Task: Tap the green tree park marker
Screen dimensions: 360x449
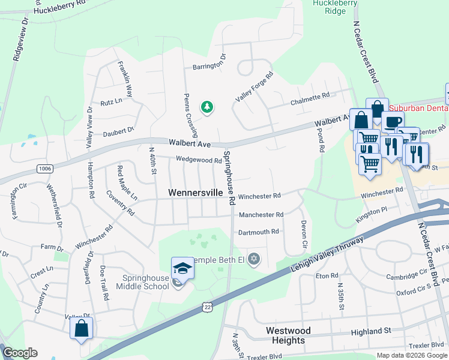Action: point(207,107)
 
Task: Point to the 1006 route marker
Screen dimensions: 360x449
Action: point(44,169)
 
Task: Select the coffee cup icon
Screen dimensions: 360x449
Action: point(393,123)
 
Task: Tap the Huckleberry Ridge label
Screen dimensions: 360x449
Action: point(335,7)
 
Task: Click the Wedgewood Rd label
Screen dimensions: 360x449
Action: point(199,160)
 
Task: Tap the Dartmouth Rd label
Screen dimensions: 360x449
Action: point(259,232)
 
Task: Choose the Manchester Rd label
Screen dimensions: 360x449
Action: point(261,215)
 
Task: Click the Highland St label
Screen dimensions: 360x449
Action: point(371,331)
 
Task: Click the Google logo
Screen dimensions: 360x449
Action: point(20,353)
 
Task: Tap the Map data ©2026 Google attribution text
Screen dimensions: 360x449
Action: point(411,355)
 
